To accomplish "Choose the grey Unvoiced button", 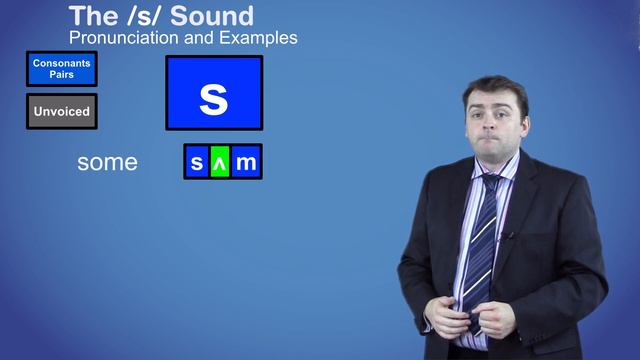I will (x=61, y=111).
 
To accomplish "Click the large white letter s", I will (x=214, y=97).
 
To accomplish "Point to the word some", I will (x=107, y=162).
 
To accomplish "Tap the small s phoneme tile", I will (x=197, y=162).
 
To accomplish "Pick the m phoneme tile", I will (x=246, y=162).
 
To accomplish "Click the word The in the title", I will (x=88, y=16).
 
